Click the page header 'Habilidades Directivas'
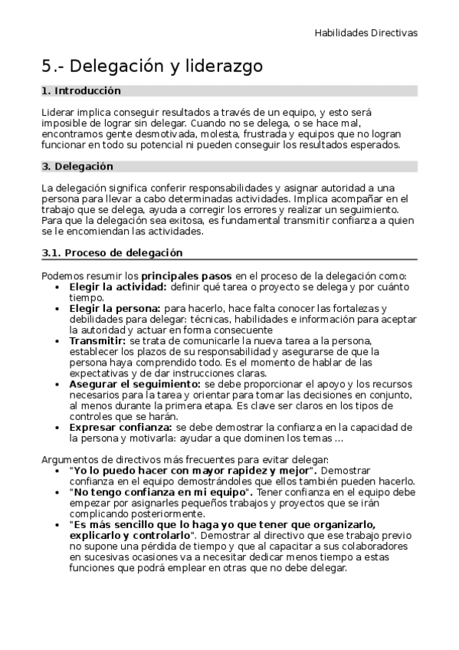[366, 33]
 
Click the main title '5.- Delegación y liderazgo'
[152, 67]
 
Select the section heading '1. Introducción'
[81, 90]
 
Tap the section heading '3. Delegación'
[77, 166]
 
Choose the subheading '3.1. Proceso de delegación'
[112, 253]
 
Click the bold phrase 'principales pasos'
[186, 276]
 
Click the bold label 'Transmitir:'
[97, 340]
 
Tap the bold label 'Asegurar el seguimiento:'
[135, 383]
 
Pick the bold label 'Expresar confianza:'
[120, 426]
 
